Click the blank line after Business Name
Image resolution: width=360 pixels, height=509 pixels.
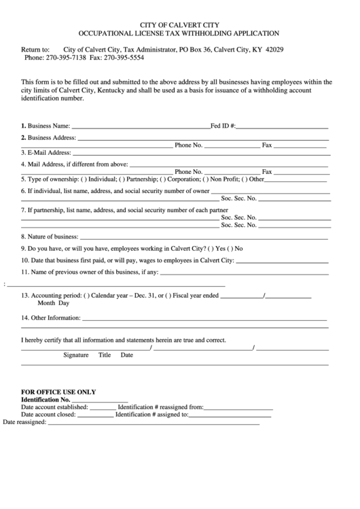(x=141, y=126)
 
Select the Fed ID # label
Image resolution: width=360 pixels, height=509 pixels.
(x=223, y=126)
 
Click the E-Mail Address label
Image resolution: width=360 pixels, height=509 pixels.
(x=46, y=153)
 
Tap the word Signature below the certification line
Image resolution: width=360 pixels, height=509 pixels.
(x=76, y=355)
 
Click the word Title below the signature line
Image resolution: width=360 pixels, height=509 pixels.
(x=105, y=355)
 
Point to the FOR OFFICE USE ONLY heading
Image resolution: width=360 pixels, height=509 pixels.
(x=58, y=392)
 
